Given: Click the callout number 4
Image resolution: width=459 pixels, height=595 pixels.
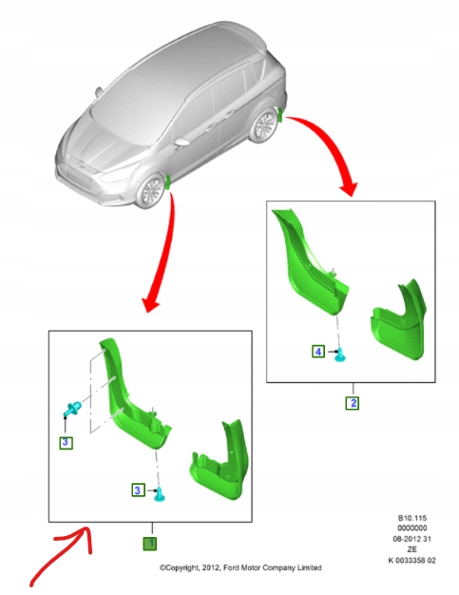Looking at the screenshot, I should point(317,351).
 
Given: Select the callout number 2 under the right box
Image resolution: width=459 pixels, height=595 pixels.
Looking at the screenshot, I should point(352,402).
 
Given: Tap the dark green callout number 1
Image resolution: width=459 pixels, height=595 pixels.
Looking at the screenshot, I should point(149,544).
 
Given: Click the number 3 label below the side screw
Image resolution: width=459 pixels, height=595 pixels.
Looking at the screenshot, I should point(65,442).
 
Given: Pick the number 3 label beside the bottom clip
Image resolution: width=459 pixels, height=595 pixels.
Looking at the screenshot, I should point(138,489).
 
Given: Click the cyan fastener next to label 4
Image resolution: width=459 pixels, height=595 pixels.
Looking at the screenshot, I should point(341,355).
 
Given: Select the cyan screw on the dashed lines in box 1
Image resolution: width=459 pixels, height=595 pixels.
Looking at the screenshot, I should point(71,410).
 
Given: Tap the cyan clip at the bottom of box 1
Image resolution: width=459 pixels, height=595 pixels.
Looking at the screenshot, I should point(161,492).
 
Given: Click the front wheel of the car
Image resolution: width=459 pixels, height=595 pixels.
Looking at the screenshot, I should point(150,193).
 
